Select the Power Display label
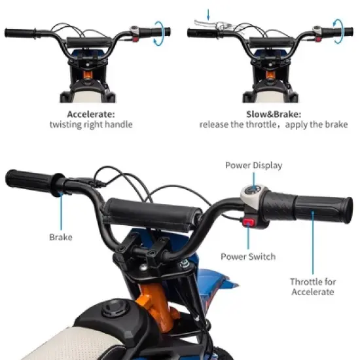253,165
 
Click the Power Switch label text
248,257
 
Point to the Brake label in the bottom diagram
60,238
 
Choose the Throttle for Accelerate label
313,287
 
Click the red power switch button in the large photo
249,223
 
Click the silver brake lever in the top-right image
207,25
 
